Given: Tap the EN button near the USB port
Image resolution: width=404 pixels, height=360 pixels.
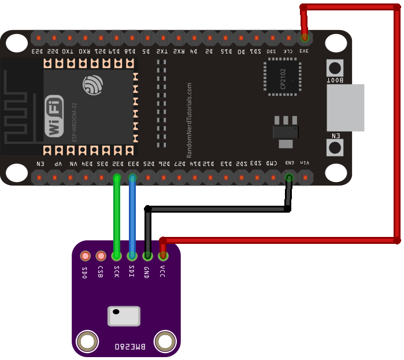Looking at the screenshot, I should coord(335,147).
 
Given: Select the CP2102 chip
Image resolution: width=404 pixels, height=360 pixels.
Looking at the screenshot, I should coord(283,75).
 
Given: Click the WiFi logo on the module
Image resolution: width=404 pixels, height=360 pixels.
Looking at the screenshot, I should coord(54,116).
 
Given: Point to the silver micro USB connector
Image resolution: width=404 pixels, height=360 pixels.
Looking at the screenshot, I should coord(346,107).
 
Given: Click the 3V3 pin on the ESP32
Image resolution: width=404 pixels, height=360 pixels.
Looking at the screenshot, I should coord(305,38).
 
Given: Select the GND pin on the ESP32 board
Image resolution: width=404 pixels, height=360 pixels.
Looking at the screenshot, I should coord(289,177).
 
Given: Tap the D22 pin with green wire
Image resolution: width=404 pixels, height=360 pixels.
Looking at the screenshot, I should coord(117,177).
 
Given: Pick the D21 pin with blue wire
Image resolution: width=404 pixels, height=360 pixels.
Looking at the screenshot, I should coord(133,177).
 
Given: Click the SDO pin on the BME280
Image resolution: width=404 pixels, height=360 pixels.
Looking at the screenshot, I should coord(86,255).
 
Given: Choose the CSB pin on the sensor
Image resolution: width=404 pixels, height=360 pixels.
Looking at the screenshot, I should coord(101,255).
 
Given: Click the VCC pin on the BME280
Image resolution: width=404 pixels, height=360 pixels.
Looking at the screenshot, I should coord(163,255).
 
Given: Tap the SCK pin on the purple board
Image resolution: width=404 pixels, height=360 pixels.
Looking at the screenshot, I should coord(117,255).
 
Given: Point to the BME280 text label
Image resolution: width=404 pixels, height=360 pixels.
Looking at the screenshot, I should coord(130,346).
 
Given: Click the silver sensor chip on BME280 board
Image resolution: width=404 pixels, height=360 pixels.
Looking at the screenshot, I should coord(124,316).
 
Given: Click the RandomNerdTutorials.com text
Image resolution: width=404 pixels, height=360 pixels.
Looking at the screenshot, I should coord(189,120).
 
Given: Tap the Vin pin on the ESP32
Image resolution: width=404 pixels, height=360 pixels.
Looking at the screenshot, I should coord(305,177).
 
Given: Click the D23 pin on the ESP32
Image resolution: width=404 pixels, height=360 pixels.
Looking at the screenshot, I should coord(39,38).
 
